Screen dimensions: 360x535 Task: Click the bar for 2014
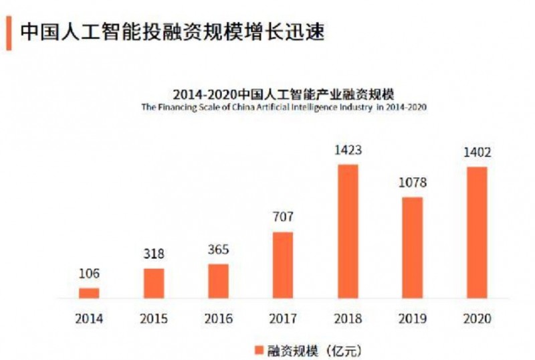(89, 292)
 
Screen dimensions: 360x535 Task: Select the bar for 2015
(154, 283)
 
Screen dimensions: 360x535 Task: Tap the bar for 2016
(218, 281)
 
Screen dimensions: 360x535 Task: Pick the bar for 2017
(283, 265)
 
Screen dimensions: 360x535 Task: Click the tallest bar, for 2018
(348, 231)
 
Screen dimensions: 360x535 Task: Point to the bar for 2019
(413, 248)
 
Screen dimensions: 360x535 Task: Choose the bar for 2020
(477, 232)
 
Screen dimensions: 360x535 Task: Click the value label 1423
(348, 151)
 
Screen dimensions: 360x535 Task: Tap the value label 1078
(413, 183)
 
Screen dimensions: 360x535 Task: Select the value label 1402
(477, 153)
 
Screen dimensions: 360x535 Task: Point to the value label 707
(283, 217)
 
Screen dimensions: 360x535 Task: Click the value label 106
(89, 274)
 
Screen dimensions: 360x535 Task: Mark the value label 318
(154, 254)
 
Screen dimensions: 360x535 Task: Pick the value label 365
(218, 250)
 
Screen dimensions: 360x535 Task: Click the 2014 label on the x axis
(89, 319)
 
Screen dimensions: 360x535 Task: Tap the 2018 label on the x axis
(348, 319)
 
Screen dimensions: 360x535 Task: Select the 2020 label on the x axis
(477, 319)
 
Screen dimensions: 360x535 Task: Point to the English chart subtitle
(284, 106)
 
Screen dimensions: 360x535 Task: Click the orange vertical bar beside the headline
(9, 33)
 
